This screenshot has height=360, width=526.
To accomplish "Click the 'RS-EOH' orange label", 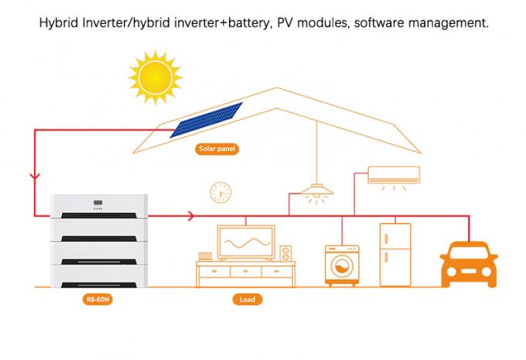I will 98,299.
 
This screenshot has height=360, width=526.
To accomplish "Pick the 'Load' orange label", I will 247,299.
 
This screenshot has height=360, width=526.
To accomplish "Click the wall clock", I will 220,191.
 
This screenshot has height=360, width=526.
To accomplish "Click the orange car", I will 469,264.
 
